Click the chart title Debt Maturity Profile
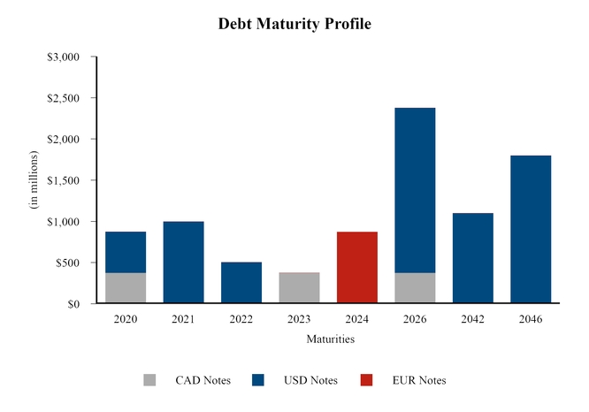(x=294, y=24)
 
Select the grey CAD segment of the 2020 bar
(x=126, y=288)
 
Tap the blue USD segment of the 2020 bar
(x=126, y=252)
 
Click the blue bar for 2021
(x=183, y=263)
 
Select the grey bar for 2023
(x=299, y=288)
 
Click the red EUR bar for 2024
(x=357, y=268)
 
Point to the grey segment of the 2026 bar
(x=415, y=288)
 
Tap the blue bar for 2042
(x=472, y=258)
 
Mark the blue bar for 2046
(x=531, y=230)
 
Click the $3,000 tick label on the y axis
(x=63, y=57)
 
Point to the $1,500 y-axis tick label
(x=63, y=180)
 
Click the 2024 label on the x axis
(x=357, y=319)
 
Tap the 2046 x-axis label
(x=531, y=319)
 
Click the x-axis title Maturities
(x=330, y=339)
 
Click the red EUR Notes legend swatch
(x=366, y=380)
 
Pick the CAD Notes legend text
(x=203, y=380)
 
